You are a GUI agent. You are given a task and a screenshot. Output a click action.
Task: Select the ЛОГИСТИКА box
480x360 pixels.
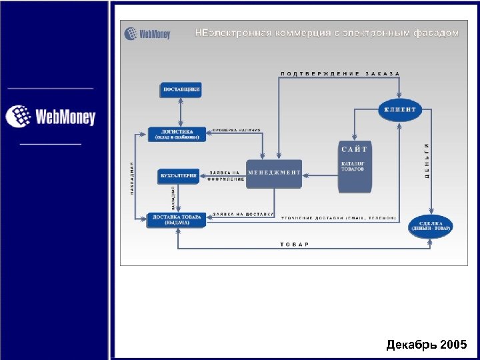pyautogui.click(x=177, y=134)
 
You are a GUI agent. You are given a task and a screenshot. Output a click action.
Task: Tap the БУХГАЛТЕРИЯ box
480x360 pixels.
pyautogui.click(x=178, y=176)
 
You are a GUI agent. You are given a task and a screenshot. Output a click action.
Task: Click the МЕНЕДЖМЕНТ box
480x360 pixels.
pyautogui.click(x=274, y=173)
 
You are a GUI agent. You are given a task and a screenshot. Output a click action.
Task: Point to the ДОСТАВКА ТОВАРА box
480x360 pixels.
pyautogui.click(x=177, y=219)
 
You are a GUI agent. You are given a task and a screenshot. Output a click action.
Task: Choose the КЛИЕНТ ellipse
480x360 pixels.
pyautogui.click(x=400, y=109)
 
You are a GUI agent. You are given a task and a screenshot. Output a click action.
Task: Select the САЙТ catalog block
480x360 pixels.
pyautogui.click(x=354, y=167)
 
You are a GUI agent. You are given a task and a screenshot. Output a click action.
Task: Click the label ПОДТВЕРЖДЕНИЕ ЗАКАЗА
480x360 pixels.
pyautogui.click(x=340, y=73)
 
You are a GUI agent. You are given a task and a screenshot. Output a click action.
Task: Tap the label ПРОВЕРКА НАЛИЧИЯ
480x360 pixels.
pyautogui.click(x=237, y=130)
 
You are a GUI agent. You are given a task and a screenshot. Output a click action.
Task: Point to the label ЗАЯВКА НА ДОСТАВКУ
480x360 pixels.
pyautogui.click(x=243, y=214)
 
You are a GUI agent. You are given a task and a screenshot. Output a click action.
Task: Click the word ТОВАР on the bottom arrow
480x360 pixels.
pyautogui.click(x=295, y=244)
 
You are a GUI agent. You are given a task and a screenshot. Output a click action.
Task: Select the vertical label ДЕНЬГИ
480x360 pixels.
pyautogui.click(x=427, y=161)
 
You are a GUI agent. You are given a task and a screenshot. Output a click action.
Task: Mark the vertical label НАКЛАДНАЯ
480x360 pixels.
pyautogui.click(x=133, y=179)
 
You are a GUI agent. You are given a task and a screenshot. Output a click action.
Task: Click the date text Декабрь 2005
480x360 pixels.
pyautogui.click(x=427, y=345)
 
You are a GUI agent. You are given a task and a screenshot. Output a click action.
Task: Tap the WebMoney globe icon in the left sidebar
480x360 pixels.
pyautogui.click(x=19, y=117)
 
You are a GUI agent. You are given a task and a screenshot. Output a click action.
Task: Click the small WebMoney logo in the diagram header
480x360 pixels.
pyautogui.click(x=148, y=33)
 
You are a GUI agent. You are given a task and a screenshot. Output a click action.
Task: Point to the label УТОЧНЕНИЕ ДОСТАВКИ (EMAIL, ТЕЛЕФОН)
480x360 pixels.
pyautogui.click(x=338, y=218)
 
